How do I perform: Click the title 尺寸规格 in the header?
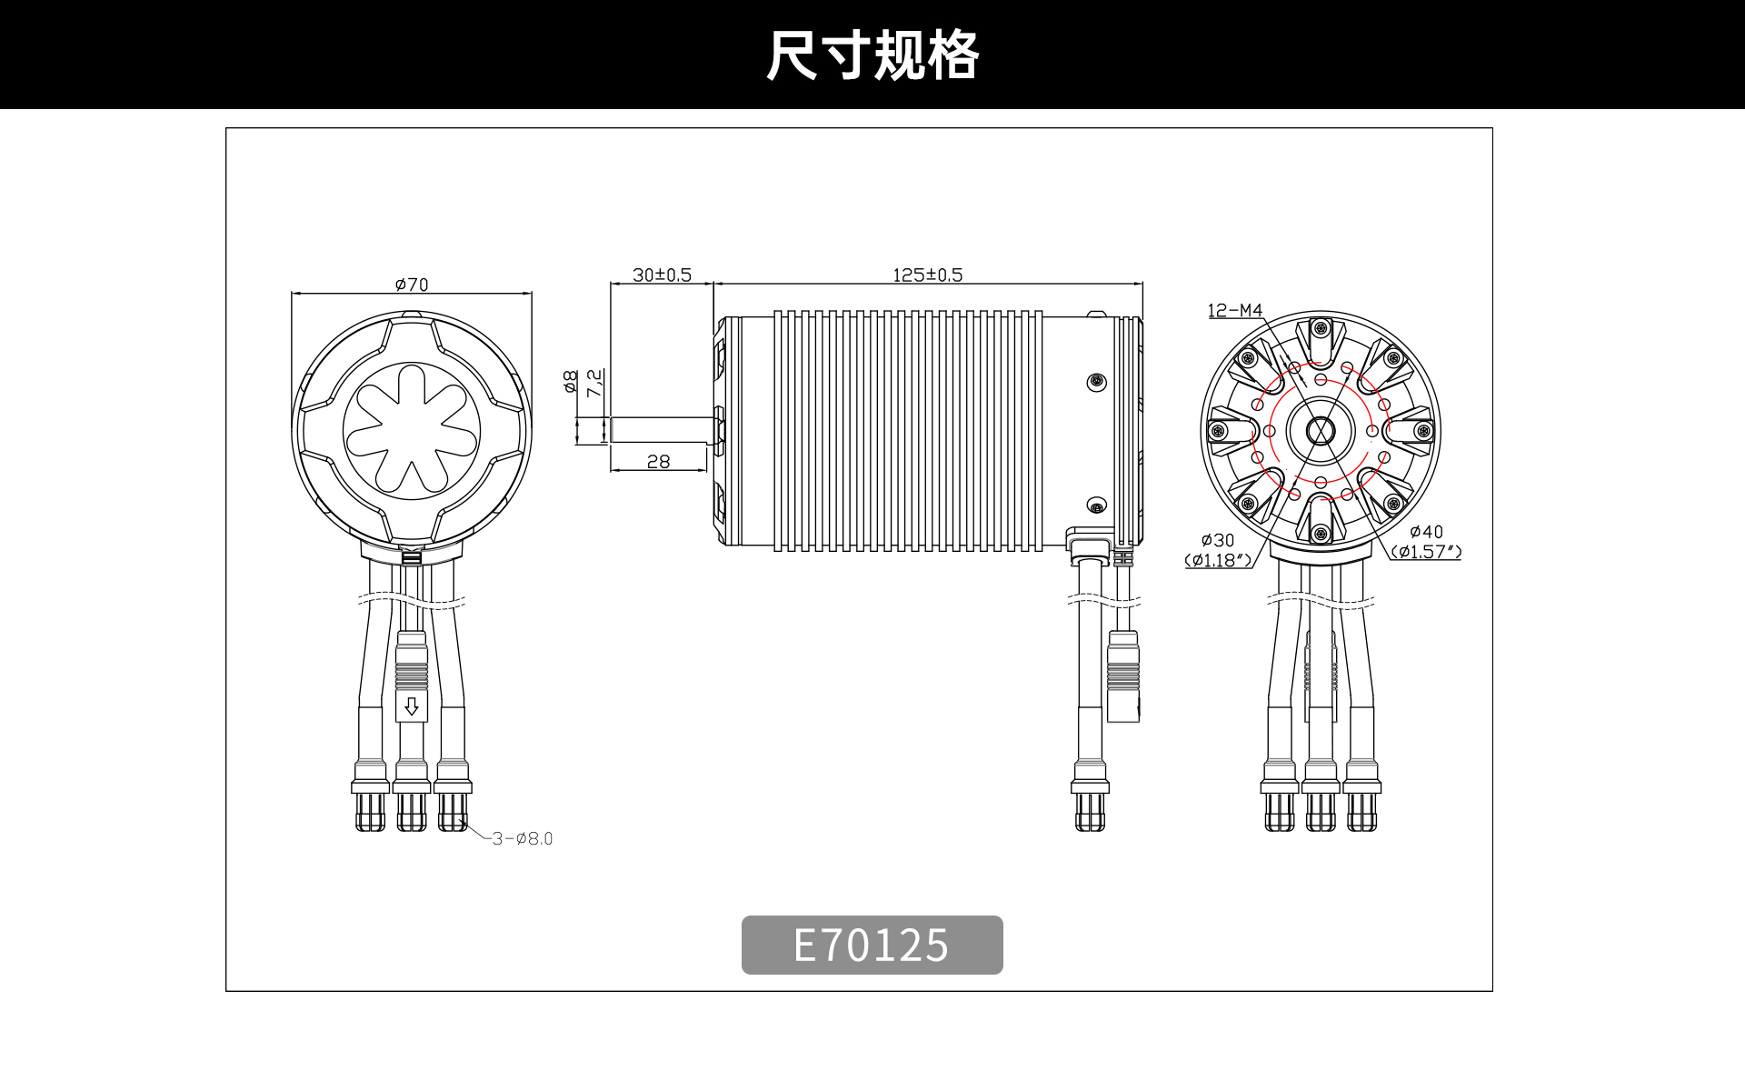click(872, 55)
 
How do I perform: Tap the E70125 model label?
click(872, 945)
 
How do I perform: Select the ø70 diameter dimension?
click(412, 285)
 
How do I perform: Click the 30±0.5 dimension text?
click(662, 275)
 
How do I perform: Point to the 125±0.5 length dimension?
click(927, 275)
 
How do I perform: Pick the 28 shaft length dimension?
click(658, 462)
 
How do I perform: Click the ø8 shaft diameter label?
click(571, 381)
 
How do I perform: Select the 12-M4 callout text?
click(1235, 311)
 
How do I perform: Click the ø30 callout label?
click(1218, 540)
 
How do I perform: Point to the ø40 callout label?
click(1426, 532)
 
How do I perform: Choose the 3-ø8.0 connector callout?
click(523, 838)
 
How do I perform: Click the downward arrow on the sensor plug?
click(412, 706)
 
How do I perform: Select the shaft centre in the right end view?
click(1321, 431)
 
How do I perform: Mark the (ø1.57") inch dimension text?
click(1426, 552)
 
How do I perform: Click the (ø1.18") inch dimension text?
click(1218, 560)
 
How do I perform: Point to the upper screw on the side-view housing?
click(1097, 380)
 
